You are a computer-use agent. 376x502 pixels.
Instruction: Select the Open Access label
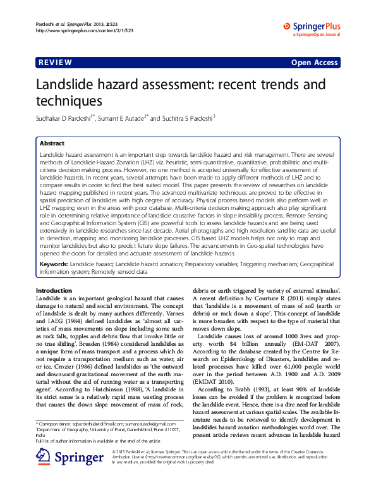tap(314, 63)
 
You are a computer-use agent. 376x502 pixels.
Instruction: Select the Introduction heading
tap(54, 290)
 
